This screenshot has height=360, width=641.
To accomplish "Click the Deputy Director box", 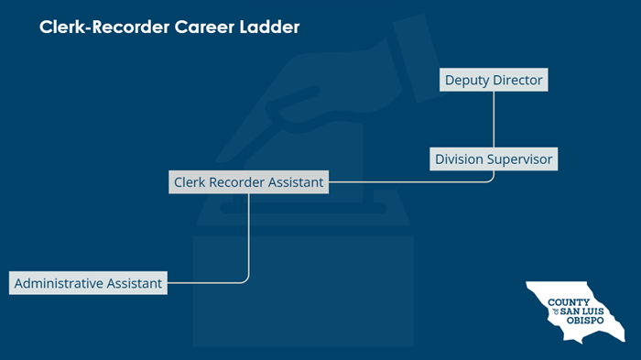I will coord(494,81).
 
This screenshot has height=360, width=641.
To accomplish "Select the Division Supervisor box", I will coord(494,159).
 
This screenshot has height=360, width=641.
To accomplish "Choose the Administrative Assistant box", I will coord(88,283).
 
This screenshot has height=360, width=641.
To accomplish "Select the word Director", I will coord(517,81).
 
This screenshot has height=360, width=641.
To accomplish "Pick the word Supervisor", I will coord(520,159).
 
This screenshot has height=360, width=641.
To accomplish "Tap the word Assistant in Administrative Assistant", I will coord(132,283).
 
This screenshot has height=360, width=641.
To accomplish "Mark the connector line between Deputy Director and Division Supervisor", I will coord(494,119).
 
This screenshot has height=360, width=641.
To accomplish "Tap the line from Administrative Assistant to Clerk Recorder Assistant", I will coord(249,238).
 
